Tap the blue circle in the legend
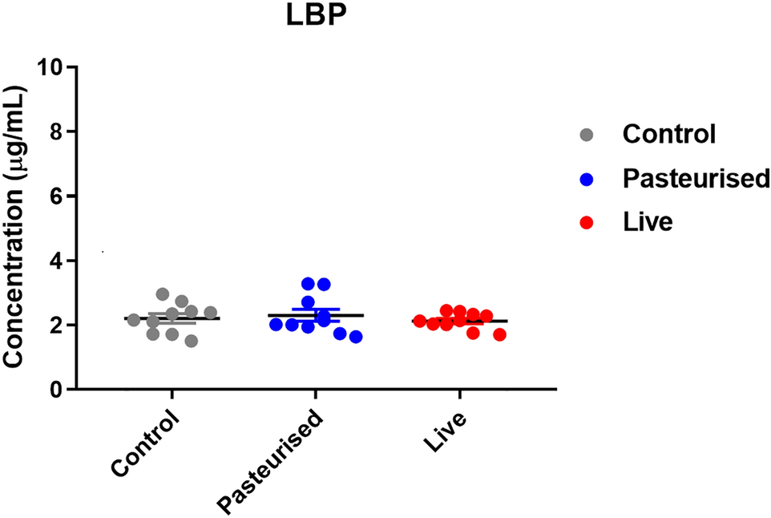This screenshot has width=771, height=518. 586,179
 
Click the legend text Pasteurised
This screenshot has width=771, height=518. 696,178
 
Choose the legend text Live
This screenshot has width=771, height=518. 648,223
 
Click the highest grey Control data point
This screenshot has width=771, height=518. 163,294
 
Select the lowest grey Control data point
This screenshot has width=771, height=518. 192,341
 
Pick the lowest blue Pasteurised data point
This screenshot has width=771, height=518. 355,337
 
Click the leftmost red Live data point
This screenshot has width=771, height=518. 419,322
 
